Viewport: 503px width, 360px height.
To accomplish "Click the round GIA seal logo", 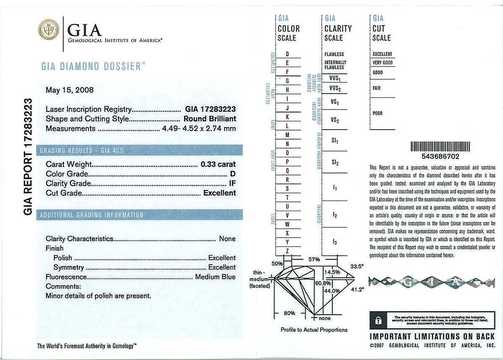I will point(49,30).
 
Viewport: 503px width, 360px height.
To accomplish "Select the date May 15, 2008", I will point(70,90).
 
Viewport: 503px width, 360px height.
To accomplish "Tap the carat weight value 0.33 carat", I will point(218,164).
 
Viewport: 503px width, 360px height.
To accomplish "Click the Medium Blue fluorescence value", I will point(215,277).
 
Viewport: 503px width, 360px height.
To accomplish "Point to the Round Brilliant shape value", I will point(210,119).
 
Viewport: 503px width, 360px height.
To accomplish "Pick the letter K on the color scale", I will point(287,117).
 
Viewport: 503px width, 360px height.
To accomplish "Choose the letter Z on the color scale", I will point(287,251).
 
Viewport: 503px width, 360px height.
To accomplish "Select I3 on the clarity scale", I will point(334,242).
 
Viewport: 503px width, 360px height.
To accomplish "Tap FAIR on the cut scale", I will point(377,89).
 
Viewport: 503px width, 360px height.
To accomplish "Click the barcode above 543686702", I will point(440,146).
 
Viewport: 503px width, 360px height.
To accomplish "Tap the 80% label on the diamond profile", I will point(289,313).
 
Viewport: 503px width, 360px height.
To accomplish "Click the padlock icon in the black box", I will point(379,321).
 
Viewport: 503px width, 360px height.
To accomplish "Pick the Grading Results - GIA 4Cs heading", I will point(81,150).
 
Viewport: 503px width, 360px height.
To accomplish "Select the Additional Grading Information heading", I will point(91,215).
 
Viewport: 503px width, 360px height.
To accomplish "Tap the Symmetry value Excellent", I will point(222,267).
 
